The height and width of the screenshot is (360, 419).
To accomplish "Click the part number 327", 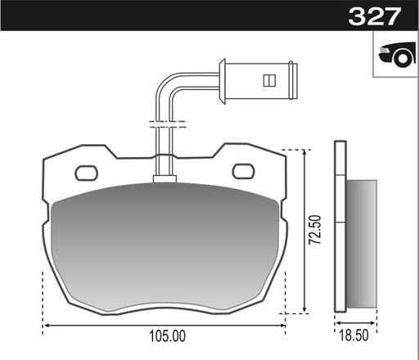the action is pos(375,16).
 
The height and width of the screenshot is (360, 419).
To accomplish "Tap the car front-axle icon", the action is pos(398,54).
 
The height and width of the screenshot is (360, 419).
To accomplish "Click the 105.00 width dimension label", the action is pos(167,336).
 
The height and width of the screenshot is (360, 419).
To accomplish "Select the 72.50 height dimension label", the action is pos(315,230).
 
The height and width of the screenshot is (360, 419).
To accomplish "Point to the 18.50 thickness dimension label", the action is pos(354,335).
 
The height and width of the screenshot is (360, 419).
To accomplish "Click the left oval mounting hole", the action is pos(87,173).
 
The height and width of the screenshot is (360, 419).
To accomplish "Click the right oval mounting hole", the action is pos(244,171).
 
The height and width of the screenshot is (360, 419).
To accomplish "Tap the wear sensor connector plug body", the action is pos(260,81).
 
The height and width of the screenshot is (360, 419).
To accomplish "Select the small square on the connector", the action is pos(269,80).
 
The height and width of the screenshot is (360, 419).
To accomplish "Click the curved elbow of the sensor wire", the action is pos(166,84).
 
